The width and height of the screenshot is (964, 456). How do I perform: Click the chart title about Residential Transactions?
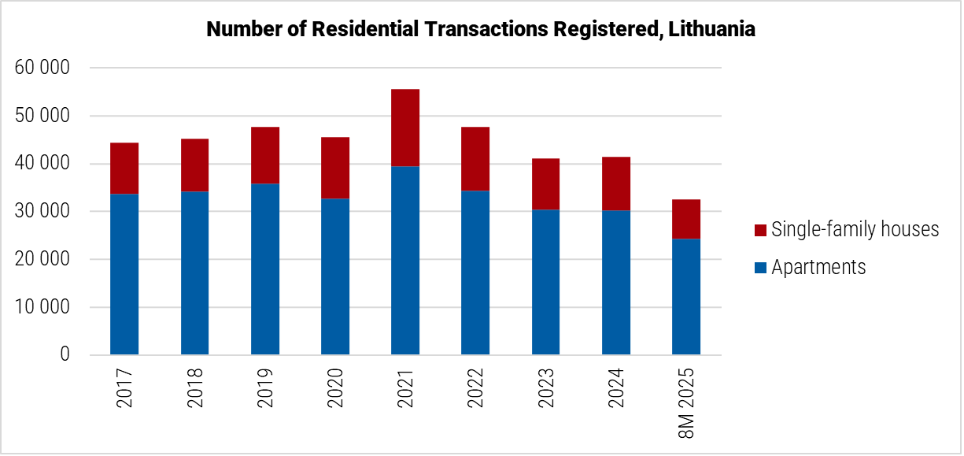[x=480, y=29]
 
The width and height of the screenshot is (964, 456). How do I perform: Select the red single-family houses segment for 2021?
[x=405, y=128]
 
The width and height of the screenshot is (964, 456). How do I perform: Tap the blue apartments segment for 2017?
[x=124, y=274]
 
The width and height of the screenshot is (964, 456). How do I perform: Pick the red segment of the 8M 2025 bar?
[x=686, y=219]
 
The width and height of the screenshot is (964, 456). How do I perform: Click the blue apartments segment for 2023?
[x=545, y=282]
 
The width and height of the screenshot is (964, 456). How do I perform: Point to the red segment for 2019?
[x=265, y=155]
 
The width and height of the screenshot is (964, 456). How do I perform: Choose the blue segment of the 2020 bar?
[x=335, y=276]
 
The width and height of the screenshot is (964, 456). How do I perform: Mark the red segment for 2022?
[x=475, y=159]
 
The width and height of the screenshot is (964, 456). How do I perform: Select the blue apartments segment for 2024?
[x=616, y=283]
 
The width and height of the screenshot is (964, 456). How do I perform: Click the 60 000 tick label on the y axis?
[x=42, y=69]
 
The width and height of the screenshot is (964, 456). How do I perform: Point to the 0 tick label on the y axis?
[x=65, y=355]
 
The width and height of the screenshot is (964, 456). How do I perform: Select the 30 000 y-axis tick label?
[x=42, y=212]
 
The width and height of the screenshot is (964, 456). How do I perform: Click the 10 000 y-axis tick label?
[x=42, y=308]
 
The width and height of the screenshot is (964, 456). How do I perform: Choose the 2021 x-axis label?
[x=405, y=388]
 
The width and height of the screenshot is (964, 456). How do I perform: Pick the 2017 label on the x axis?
[x=124, y=388]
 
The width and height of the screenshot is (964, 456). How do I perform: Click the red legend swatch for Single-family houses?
[x=760, y=230]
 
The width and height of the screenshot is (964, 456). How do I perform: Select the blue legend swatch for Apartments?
[x=760, y=268]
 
